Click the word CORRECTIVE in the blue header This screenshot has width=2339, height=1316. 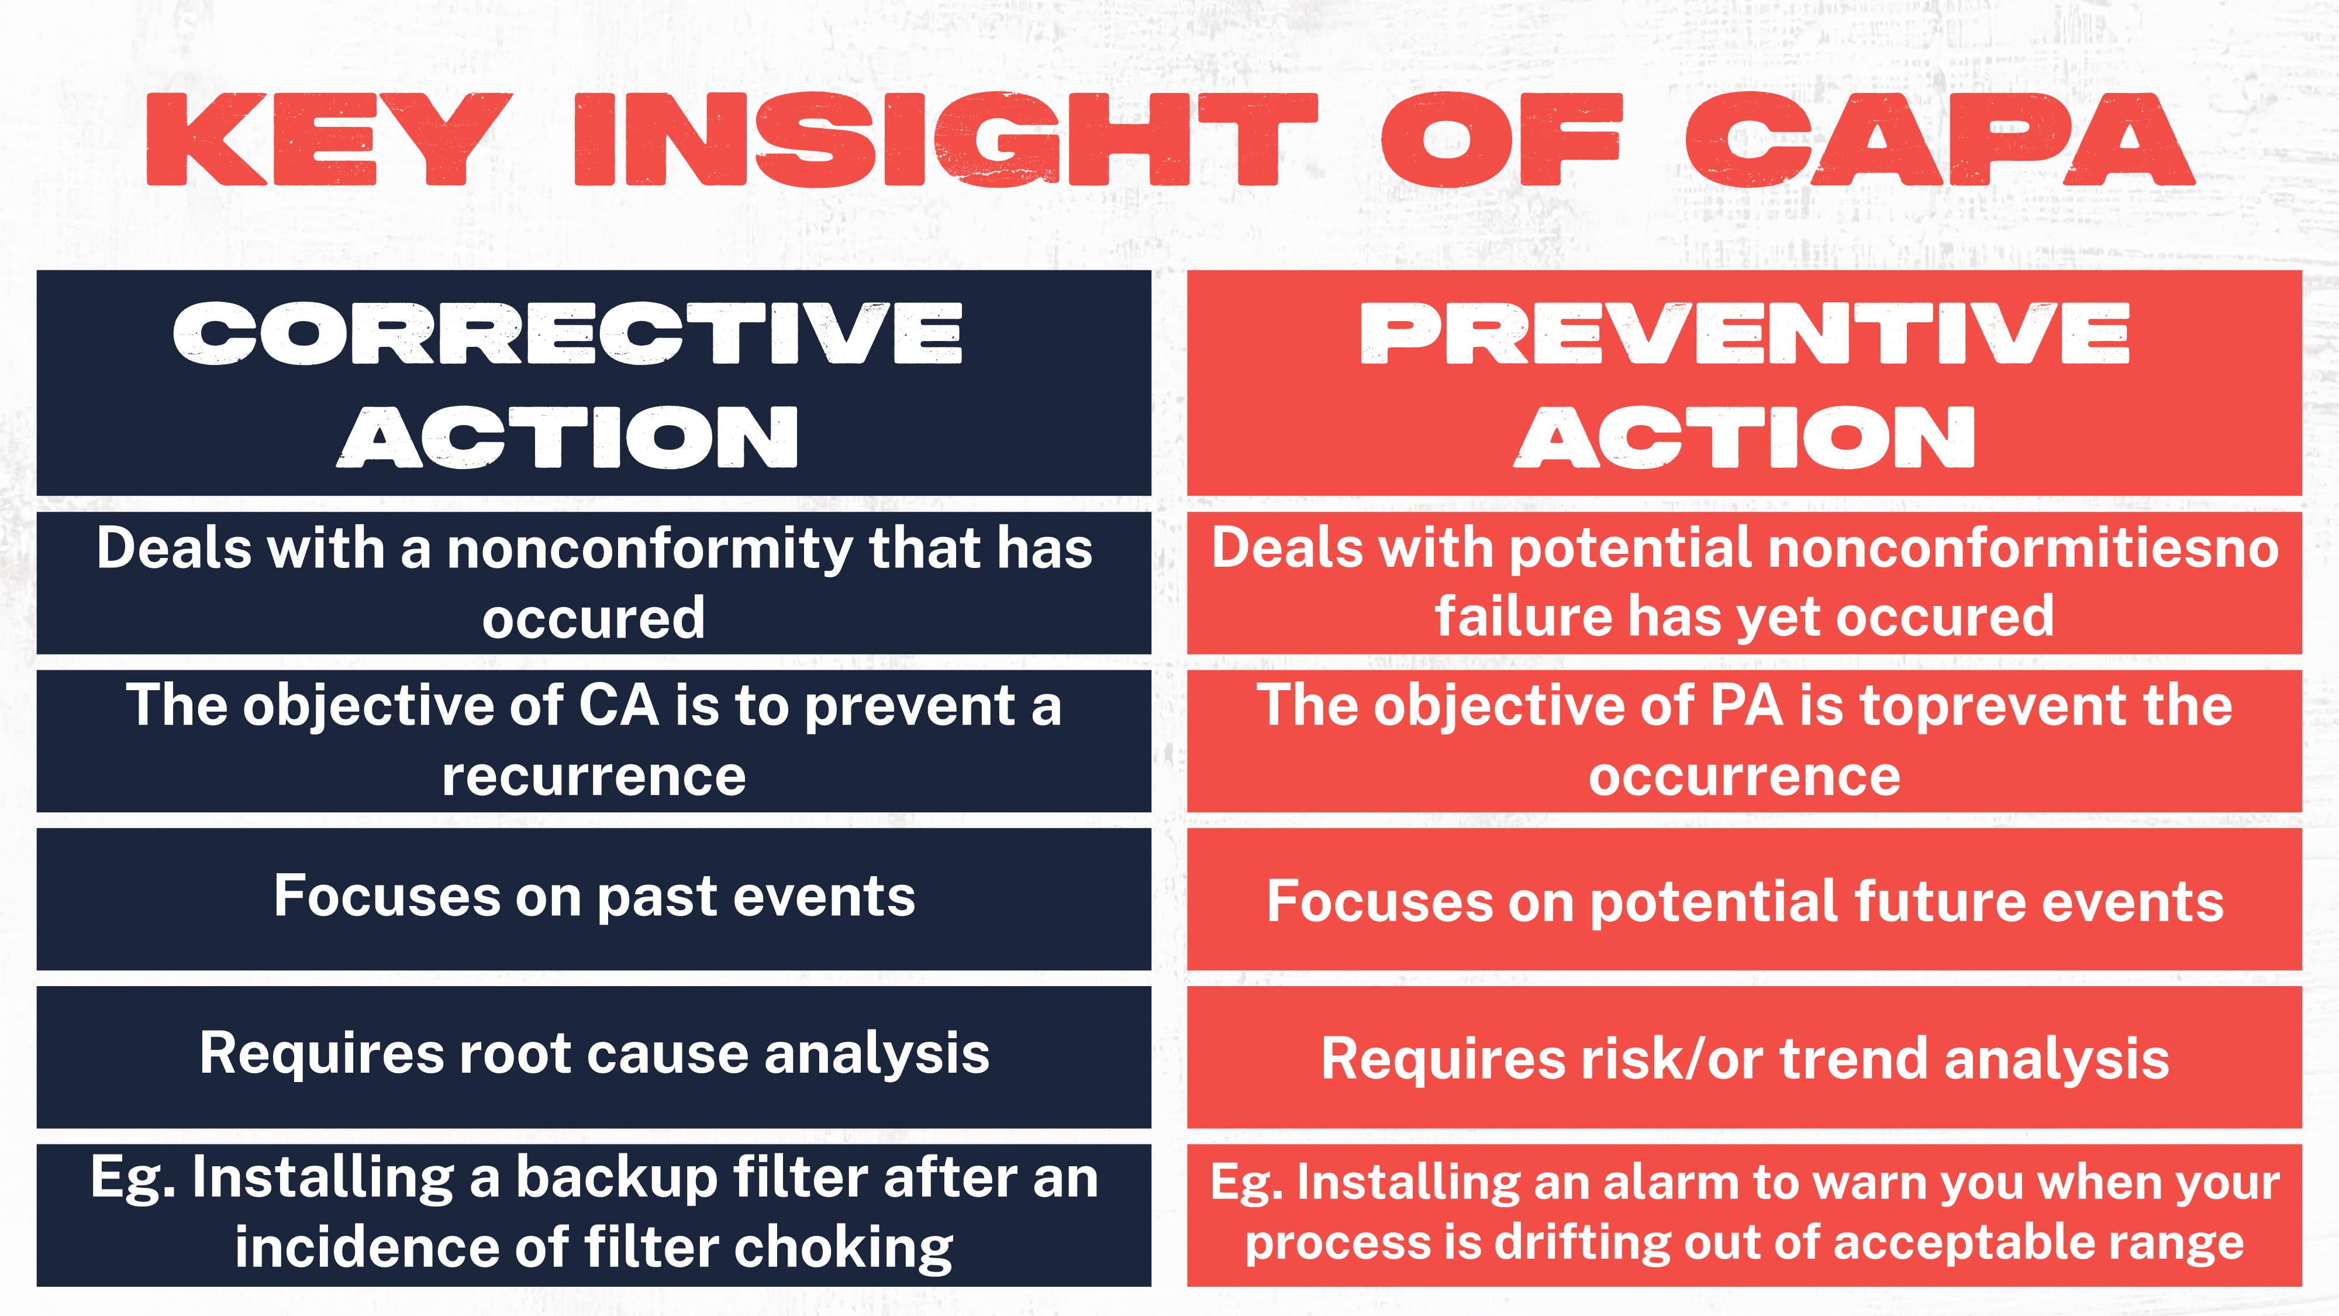click(567, 333)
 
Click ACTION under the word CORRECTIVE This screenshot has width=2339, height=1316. click(567, 437)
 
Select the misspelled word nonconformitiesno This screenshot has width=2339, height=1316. click(2023, 549)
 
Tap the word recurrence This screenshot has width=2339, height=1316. click(594, 777)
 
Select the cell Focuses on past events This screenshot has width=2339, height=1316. click(594, 897)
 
